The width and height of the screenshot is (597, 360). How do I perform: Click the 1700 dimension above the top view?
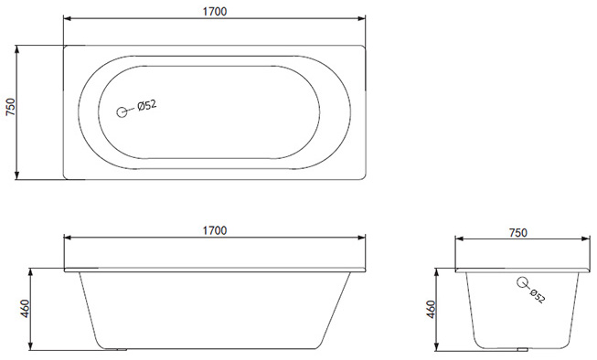[214, 11]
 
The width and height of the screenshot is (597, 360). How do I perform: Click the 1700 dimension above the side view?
[214, 230]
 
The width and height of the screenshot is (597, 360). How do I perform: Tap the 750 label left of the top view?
[10, 107]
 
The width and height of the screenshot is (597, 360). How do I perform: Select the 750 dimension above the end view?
[517, 232]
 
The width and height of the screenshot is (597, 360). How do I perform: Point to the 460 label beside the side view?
[25, 309]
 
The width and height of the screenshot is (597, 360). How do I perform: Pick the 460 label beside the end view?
[431, 310]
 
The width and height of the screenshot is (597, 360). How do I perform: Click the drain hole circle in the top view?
[122, 112]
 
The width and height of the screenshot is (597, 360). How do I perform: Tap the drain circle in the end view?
[522, 282]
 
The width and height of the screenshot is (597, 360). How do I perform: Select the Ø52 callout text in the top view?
[147, 105]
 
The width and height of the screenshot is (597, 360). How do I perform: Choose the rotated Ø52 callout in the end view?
[538, 296]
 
